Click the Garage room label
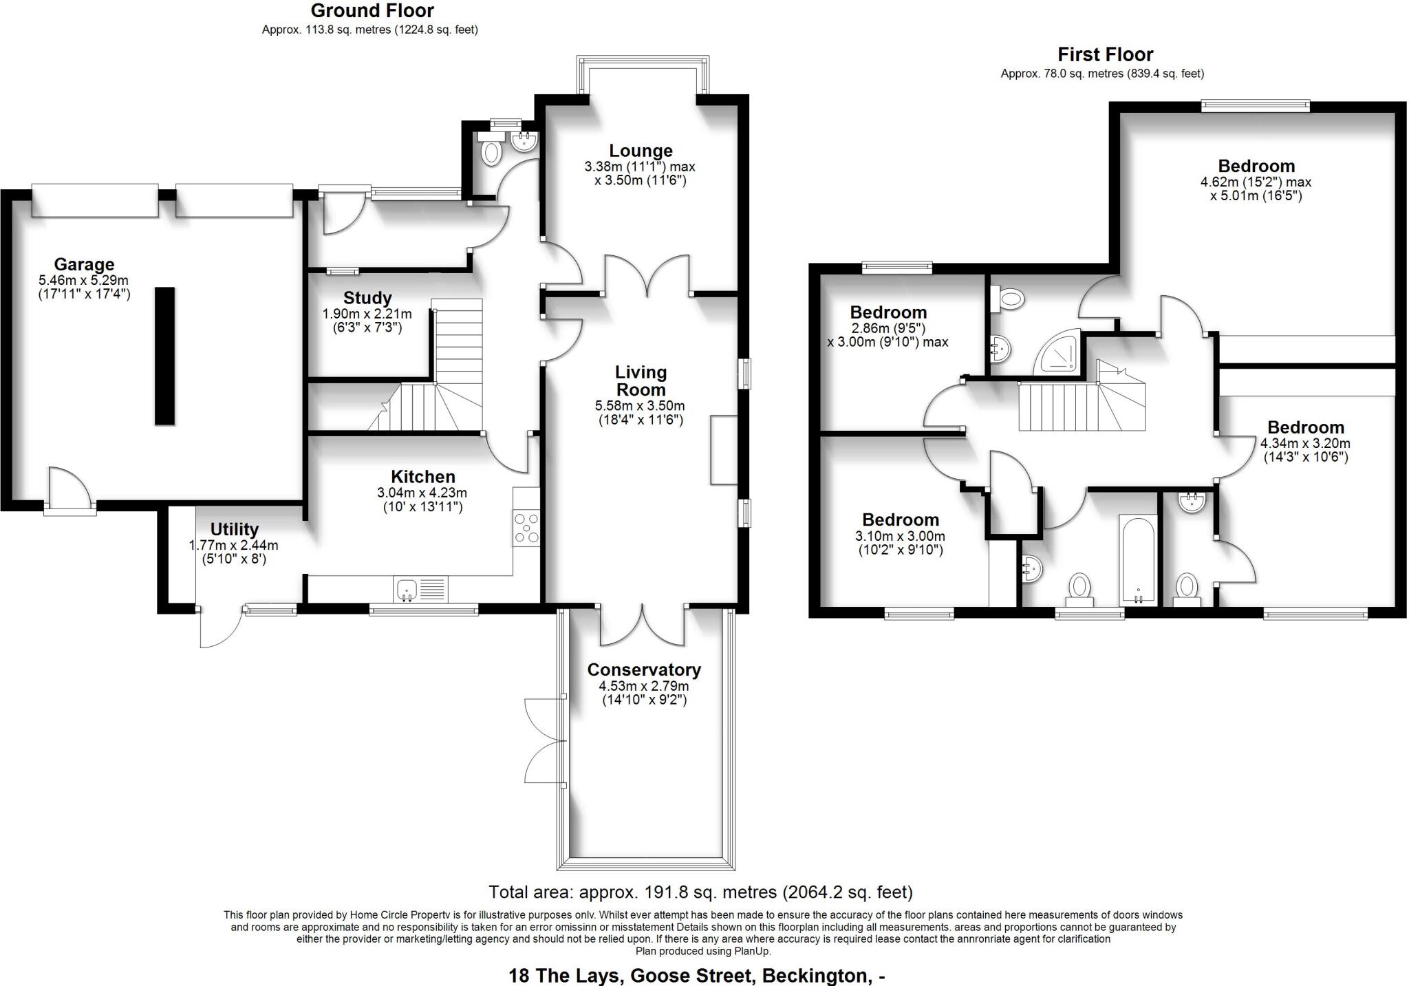(x=84, y=264)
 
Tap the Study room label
(x=367, y=298)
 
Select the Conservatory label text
(x=644, y=669)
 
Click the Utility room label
(x=234, y=529)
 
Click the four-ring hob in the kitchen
(x=526, y=528)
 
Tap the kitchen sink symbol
(x=407, y=590)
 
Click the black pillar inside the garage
(x=164, y=356)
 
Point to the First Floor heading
(x=1105, y=54)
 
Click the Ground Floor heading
(x=372, y=11)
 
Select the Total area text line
(x=700, y=892)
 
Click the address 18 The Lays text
(x=696, y=975)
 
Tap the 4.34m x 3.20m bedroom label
(x=1305, y=427)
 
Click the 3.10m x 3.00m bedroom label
(x=900, y=519)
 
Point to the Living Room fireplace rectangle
(x=724, y=449)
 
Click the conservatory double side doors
(x=544, y=740)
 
